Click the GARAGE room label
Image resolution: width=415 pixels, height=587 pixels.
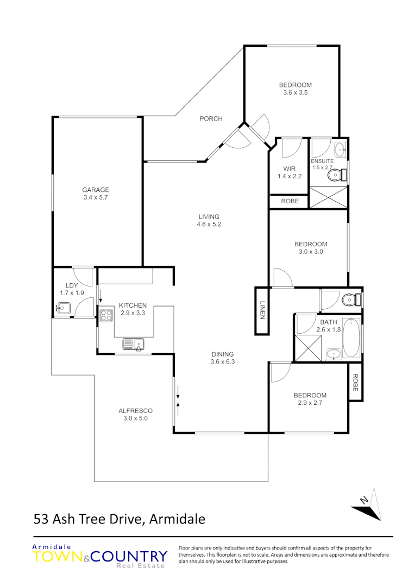96,190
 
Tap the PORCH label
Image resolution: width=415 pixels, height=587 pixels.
211,119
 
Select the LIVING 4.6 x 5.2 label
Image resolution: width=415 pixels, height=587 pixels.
209,220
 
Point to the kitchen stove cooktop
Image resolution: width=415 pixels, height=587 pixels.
106,313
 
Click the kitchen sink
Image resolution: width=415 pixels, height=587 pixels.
133,344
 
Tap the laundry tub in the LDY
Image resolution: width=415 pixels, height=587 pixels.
64,308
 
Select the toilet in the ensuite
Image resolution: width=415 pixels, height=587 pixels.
338,174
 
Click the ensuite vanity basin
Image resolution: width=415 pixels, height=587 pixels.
340,148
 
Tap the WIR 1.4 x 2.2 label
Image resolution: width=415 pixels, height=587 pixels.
288,172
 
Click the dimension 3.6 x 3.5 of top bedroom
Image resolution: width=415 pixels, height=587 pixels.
295,92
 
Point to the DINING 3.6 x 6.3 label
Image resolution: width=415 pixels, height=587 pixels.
223,358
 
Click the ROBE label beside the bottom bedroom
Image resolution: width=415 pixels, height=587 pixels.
355,382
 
